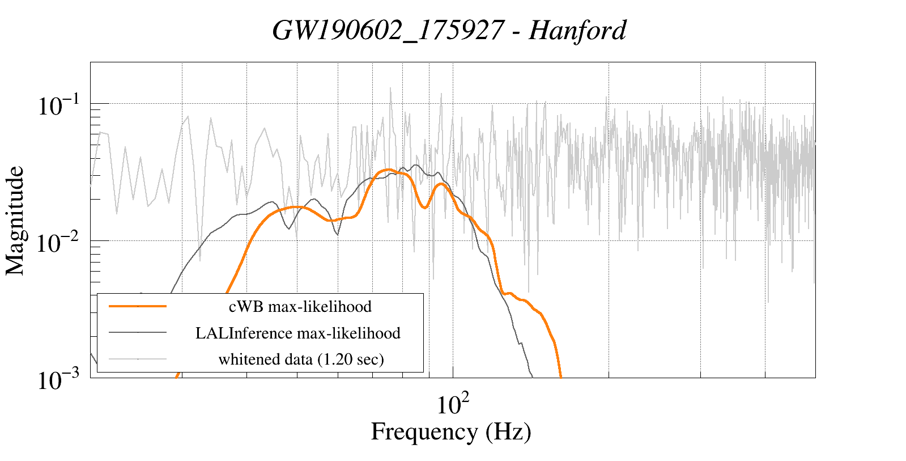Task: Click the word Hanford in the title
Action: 577,30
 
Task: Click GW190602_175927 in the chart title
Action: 388,30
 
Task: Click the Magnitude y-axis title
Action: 15,221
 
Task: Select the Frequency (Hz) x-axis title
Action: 451,432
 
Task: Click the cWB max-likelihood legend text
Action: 300,307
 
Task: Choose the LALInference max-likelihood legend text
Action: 298,333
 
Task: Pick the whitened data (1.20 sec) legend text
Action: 301,360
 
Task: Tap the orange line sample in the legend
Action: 138,306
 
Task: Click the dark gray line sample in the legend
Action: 138,333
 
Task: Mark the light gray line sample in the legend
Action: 138,359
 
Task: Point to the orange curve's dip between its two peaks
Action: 425,208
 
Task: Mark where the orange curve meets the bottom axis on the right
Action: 560,375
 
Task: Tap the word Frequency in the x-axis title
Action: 424,432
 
